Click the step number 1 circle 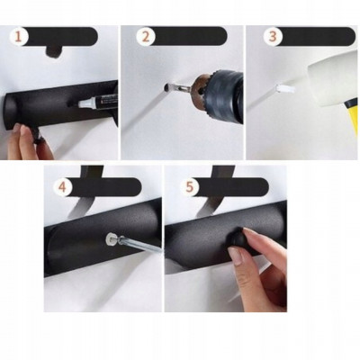point(19,37)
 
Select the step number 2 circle point(146,37)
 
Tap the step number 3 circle point(273,37)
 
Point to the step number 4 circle point(62,187)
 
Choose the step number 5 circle point(190,187)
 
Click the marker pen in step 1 point(98,101)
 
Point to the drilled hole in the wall point(166,87)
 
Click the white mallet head point(332,78)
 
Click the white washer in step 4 point(111,239)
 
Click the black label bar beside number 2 point(188,36)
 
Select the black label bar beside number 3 point(316,36)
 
